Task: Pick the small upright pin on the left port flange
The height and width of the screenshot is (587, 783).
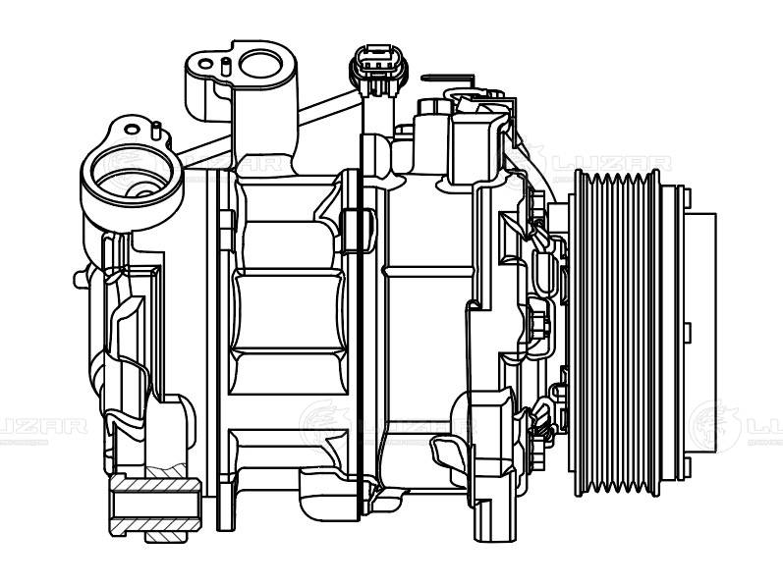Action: tap(156, 129)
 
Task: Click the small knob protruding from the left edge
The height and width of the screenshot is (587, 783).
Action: tap(78, 278)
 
